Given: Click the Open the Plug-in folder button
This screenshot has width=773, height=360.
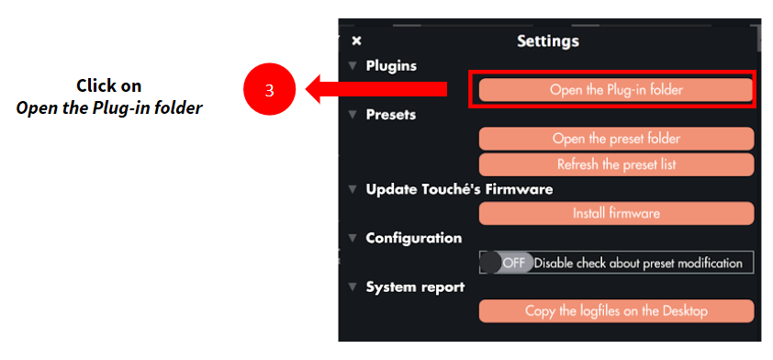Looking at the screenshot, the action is click(616, 90).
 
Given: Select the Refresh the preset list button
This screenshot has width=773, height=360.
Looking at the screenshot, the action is click(616, 164).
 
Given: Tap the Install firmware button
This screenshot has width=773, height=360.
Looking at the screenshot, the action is click(616, 214).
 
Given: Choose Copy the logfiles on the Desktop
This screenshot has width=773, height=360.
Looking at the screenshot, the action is click(616, 311).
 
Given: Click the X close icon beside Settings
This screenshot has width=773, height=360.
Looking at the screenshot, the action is click(356, 41).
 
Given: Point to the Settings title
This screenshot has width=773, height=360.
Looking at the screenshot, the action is click(548, 41).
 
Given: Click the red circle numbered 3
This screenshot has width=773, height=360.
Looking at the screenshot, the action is click(269, 90).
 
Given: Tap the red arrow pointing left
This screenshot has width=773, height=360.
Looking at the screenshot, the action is click(376, 89).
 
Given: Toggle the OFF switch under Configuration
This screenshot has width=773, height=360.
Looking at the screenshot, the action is click(507, 263).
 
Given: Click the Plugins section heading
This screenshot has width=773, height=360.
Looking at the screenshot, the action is click(391, 65).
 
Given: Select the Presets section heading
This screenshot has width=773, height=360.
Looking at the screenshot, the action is click(390, 115).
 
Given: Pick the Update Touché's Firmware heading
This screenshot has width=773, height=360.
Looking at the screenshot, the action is click(459, 189).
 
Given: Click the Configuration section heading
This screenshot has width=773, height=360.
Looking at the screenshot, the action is click(414, 238).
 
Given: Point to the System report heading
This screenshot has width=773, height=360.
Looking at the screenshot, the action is click(415, 287).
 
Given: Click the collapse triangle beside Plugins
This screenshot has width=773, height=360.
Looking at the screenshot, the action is click(352, 65).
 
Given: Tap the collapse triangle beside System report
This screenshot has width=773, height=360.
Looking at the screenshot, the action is click(352, 287).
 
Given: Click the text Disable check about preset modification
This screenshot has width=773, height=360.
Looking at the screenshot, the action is click(638, 264).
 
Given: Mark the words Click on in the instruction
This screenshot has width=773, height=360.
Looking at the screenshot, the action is click(109, 85).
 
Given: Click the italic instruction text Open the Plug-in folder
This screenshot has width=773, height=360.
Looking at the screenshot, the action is click(109, 107).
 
